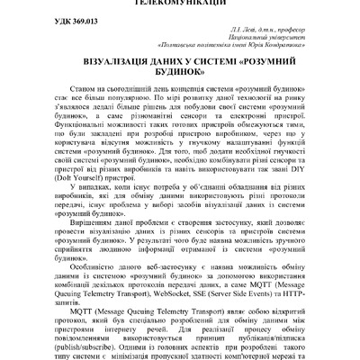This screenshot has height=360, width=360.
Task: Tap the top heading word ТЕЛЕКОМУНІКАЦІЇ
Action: point(180,3)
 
